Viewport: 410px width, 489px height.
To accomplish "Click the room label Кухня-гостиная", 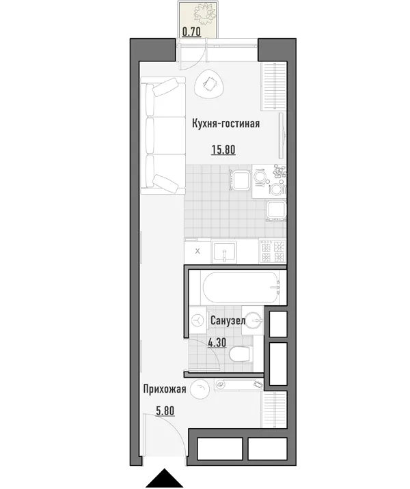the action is [225, 124].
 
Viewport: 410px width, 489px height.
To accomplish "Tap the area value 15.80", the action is [223, 150].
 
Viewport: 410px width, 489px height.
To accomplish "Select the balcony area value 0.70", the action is [191, 32].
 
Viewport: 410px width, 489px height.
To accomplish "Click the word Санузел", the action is [228, 320].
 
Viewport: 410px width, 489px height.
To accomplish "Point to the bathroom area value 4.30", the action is [217, 343].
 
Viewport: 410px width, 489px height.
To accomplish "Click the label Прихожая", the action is [165, 389].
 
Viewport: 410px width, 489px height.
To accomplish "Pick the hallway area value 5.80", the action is [165, 410].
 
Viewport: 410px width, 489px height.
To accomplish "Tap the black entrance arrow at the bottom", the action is [164, 477].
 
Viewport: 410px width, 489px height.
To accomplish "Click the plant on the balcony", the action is [205, 14].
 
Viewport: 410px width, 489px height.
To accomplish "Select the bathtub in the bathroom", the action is [240, 288].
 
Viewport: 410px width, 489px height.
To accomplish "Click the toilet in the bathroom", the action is [240, 354].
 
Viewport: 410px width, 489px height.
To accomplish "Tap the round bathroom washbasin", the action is [254, 320].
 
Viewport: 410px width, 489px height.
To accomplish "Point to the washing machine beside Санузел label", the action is [197, 320].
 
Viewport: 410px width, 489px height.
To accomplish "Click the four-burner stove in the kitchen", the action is [273, 251].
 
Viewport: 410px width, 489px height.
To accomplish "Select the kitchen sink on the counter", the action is [224, 252].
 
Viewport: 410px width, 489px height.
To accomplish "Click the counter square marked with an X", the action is [197, 251].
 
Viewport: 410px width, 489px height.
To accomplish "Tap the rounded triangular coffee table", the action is [209, 84].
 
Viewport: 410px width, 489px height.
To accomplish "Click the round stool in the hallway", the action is [200, 389].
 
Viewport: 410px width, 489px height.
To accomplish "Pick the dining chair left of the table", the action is [240, 180].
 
